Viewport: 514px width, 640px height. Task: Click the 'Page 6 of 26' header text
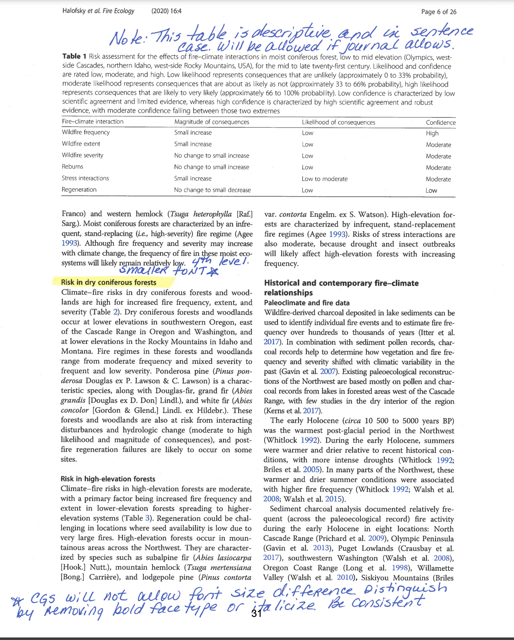tap(439, 12)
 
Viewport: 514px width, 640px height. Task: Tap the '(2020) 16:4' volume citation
tap(166, 11)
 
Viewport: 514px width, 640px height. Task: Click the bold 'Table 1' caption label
tap(74, 57)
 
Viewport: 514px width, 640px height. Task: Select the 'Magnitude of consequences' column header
tap(212, 122)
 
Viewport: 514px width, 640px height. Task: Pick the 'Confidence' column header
tap(441, 122)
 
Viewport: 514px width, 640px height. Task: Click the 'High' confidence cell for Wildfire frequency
tap(432, 133)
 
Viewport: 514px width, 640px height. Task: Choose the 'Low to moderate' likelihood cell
tap(324, 179)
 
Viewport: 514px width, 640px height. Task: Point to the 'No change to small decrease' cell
tap(213, 190)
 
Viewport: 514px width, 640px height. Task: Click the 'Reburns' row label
tap(73, 167)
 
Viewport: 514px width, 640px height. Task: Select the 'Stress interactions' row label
tap(85, 178)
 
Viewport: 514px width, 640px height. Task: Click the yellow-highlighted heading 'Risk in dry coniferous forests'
tap(109, 282)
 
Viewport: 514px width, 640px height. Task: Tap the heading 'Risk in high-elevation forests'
tap(108, 479)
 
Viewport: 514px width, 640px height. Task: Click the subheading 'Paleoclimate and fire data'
tap(306, 303)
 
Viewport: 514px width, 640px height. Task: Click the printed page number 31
tap(256, 614)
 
